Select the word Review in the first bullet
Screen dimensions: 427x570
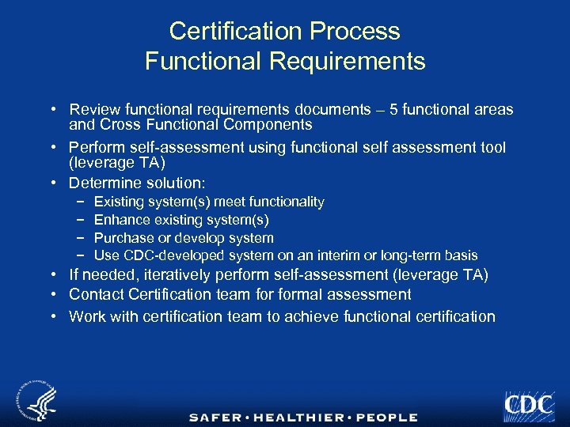pos(93,110)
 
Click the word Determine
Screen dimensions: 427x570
pos(103,183)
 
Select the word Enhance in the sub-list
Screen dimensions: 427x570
pos(120,220)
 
